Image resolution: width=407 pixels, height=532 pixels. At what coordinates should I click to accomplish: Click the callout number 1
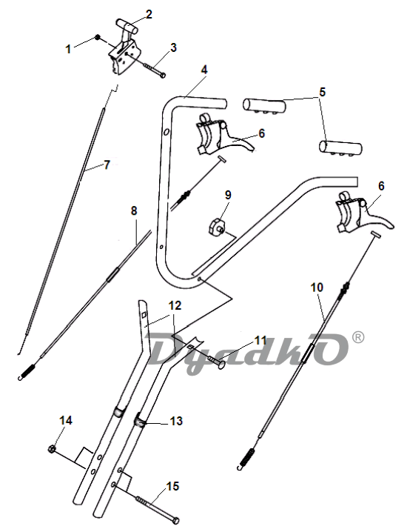tap(68, 49)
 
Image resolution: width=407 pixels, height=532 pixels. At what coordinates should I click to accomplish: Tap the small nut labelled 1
tap(98, 36)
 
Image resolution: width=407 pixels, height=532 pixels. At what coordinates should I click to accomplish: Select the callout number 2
tap(149, 15)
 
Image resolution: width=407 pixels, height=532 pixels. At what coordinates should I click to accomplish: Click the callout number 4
tap(203, 70)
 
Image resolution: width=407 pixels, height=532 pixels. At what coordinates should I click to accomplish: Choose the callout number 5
tap(322, 92)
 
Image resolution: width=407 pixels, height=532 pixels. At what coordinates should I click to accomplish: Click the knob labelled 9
tap(216, 226)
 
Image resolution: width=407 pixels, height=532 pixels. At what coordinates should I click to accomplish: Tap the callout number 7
tap(107, 165)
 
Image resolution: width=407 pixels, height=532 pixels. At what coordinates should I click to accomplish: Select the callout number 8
tap(134, 210)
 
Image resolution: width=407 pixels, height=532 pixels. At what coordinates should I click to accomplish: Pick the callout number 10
tap(317, 287)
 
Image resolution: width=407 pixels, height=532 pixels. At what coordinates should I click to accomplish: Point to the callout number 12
tap(175, 306)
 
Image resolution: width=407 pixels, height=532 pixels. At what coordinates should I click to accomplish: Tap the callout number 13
tap(176, 421)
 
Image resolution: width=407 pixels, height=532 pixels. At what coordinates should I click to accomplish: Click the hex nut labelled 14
tap(53, 449)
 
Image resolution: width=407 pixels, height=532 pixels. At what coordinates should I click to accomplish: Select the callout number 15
tap(172, 486)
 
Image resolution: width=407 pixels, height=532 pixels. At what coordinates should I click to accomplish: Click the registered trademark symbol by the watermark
tap(358, 337)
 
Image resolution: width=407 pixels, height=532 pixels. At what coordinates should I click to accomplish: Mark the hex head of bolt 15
tap(175, 520)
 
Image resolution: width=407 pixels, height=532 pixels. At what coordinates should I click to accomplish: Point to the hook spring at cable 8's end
tap(27, 372)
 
